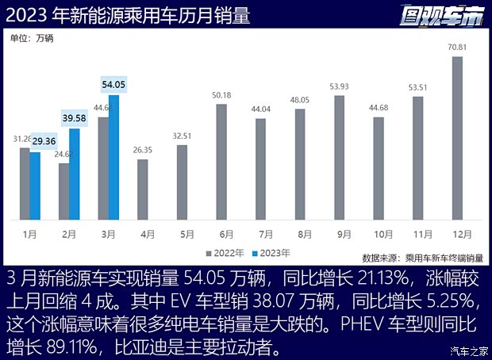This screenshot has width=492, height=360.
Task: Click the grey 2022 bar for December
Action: click(x=457, y=139)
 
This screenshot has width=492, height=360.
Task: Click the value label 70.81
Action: click(x=457, y=49)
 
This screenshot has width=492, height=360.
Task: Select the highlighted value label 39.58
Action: click(x=75, y=118)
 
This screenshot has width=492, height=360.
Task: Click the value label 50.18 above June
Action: click(x=221, y=96)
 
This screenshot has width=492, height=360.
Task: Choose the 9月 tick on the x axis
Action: click(x=340, y=234)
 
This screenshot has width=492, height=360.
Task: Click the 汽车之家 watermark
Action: click(x=467, y=350)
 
